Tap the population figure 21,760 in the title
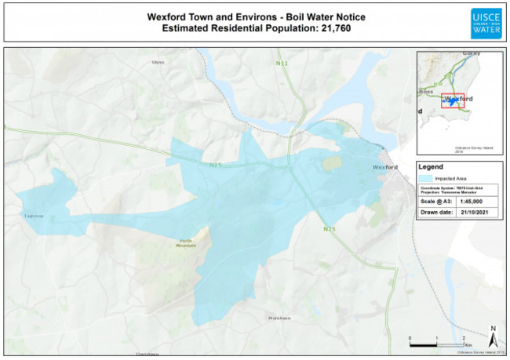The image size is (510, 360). (x=330, y=29)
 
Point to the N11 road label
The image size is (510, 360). (x=282, y=63)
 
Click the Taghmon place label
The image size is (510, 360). (x=33, y=215)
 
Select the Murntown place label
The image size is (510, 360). (x=279, y=317)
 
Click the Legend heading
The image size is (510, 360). (x=432, y=167)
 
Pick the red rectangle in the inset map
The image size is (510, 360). (x=452, y=102)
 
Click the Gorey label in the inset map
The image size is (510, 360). (x=471, y=52)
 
